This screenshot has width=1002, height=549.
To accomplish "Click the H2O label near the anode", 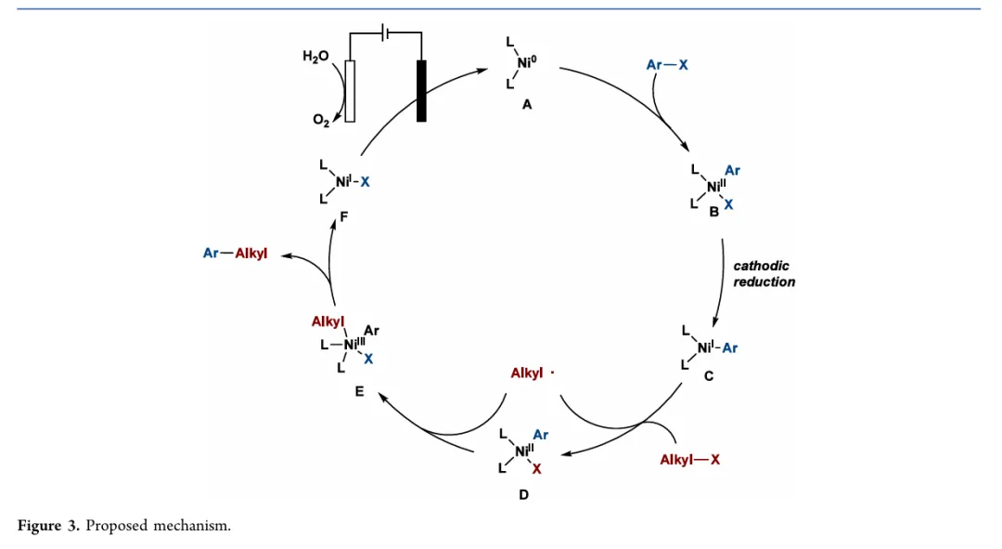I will coord(315,57).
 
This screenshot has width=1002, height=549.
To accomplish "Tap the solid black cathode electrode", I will coord(421,91).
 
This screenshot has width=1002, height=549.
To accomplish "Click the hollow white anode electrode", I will coord(349,91).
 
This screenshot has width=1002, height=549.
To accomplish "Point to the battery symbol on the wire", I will coord(386,33).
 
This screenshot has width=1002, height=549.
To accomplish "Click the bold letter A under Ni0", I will coord(526,105).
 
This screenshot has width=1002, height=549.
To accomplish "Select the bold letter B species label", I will coord(713,213).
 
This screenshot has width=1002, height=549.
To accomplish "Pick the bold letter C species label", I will coord(708,376).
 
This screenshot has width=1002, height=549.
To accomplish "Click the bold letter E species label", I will coord(359,392).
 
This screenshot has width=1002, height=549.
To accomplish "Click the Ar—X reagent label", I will coord(667,65).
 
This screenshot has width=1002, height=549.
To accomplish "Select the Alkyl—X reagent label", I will coord(689,460).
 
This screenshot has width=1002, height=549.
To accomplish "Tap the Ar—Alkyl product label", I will coord(235,253).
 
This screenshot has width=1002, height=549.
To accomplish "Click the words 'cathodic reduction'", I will coord(764,274).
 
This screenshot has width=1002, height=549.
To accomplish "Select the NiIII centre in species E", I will coord(353,345).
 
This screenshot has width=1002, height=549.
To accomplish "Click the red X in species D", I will coord(537,469).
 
